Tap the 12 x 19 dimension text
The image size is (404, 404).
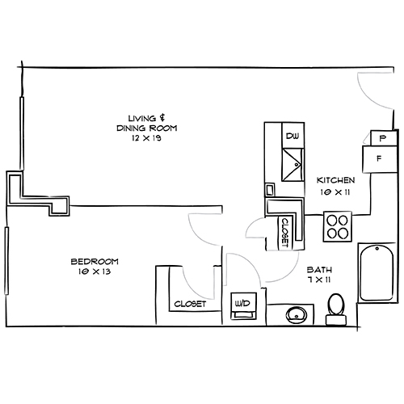146,138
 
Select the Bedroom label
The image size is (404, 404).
95,261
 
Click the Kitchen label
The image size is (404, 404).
335,180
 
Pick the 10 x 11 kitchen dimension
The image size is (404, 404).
335,192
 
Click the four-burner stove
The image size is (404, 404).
337,225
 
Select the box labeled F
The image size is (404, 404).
377,158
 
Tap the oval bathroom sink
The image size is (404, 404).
296,314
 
